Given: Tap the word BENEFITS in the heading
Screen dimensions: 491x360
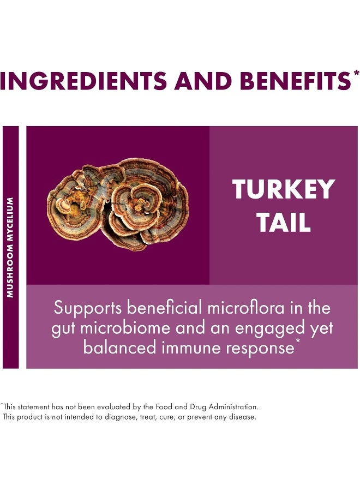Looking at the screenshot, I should [x=287, y=81].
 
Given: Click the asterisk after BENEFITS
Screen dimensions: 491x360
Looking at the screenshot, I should [x=356, y=72].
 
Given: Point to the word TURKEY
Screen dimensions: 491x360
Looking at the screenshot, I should [x=284, y=189].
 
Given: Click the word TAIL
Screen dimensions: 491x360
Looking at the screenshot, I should [x=284, y=222].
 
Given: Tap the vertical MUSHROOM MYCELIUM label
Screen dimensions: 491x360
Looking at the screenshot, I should [x=10, y=247].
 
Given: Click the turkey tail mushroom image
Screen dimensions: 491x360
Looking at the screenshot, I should [x=118, y=204].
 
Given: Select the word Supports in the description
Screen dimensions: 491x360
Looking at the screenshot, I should [x=87, y=308].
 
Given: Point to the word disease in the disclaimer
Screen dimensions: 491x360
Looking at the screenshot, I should [x=242, y=417].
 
